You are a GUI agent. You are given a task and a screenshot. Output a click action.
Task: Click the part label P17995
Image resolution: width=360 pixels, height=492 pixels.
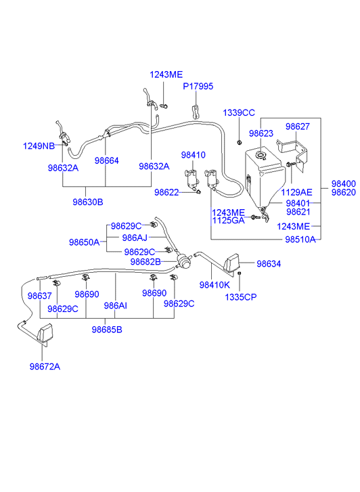(198, 87)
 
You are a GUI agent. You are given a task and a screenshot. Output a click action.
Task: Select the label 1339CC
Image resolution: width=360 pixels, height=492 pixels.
(239, 112)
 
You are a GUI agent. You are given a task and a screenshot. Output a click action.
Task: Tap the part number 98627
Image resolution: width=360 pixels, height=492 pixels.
(298, 127)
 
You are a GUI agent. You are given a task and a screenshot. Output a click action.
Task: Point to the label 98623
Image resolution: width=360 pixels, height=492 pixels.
(261, 133)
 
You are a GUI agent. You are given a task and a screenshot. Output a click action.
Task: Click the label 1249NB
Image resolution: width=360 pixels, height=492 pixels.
(39, 146)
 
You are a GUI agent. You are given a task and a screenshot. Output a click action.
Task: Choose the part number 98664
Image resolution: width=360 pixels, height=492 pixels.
(107, 160)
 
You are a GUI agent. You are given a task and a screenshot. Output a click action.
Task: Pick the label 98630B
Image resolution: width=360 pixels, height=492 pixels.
(88, 202)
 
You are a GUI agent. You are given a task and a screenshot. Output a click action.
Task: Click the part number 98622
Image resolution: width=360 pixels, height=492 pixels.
(166, 192)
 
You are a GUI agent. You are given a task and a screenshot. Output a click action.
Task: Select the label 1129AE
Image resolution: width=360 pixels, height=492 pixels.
(296, 192)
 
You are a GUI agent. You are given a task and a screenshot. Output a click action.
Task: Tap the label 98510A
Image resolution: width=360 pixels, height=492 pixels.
(300, 240)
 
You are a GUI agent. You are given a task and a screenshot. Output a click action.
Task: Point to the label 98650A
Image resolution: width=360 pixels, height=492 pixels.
(84, 242)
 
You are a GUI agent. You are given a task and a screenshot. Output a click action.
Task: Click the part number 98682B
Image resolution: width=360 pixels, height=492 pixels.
(145, 262)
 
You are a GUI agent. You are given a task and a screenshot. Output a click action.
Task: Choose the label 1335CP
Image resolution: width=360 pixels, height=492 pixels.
(241, 297)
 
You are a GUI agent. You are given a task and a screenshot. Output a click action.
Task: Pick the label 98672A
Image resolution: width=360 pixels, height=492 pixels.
(45, 367)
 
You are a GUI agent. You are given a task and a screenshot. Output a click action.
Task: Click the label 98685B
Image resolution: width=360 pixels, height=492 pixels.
(107, 330)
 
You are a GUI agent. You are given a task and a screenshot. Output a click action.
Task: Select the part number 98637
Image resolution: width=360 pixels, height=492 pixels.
(39, 296)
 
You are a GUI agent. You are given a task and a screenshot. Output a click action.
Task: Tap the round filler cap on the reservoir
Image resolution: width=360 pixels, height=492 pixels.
(261, 155)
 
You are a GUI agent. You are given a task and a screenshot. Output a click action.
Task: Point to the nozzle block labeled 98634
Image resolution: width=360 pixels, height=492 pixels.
(231, 263)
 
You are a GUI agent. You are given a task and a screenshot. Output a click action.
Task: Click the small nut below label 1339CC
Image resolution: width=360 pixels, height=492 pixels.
(239, 142)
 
